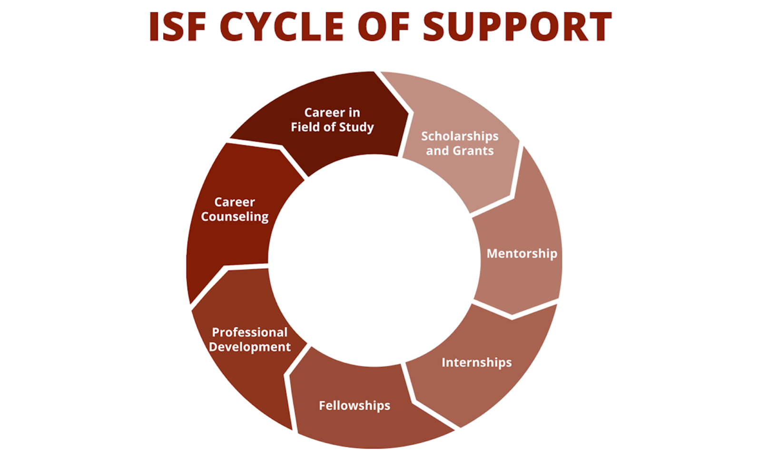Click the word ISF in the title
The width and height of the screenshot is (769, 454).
click(x=177, y=27)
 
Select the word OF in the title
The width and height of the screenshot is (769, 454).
click(x=384, y=27)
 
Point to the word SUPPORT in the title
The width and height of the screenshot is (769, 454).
click(x=517, y=27)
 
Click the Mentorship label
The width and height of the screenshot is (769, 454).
click(x=522, y=254)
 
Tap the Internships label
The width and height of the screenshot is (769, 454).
click(x=476, y=363)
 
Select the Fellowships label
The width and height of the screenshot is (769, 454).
click(x=355, y=405)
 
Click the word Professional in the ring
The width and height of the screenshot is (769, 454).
click(x=249, y=332)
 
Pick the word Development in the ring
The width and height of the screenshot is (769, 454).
click(x=249, y=347)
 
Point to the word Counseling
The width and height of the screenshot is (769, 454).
click(x=235, y=217)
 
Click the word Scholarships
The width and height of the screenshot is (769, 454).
click(x=460, y=136)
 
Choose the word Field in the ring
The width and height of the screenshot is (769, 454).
click(x=305, y=127)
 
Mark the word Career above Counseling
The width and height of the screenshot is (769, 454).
click(x=235, y=202)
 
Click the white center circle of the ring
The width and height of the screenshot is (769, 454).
click(x=374, y=260)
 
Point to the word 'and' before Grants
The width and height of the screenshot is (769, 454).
click(x=437, y=151)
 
